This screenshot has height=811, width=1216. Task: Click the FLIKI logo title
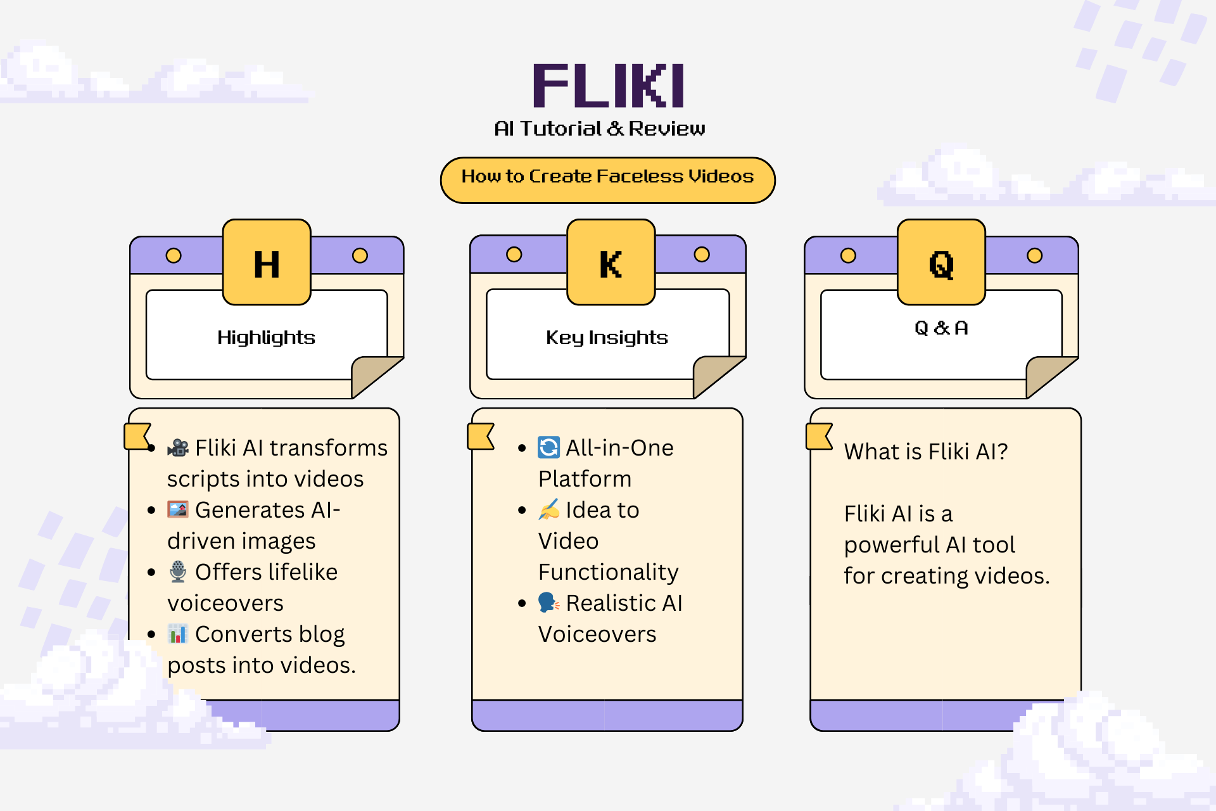pyautogui.click(x=608, y=86)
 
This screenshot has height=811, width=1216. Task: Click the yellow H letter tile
pyautogui.click(x=267, y=263)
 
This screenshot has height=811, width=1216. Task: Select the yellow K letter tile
pyautogui.click(x=611, y=263)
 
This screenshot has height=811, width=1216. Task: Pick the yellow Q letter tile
pyautogui.click(x=941, y=263)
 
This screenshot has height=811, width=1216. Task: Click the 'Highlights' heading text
pyautogui.click(x=266, y=337)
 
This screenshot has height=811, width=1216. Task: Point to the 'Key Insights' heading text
pyautogui.click(x=607, y=337)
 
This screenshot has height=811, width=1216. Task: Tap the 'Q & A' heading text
pyautogui.click(x=941, y=328)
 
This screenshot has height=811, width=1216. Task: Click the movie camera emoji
pyautogui.click(x=178, y=448)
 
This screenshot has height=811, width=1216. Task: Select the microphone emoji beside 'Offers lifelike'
pyautogui.click(x=178, y=572)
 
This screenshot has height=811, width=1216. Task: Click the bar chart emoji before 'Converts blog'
pyautogui.click(x=178, y=634)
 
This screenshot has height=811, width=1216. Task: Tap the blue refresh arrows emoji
pyautogui.click(x=548, y=447)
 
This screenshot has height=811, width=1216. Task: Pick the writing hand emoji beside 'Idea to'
pyautogui.click(x=548, y=509)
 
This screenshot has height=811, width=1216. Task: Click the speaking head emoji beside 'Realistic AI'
pyautogui.click(x=548, y=603)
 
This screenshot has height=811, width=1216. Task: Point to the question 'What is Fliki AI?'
pyautogui.click(x=925, y=452)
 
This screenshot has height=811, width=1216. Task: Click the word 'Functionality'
pyautogui.click(x=608, y=572)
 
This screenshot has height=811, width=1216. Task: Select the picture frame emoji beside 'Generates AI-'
pyautogui.click(x=178, y=509)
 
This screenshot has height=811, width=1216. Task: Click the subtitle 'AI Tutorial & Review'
pyautogui.click(x=599, y=129)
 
